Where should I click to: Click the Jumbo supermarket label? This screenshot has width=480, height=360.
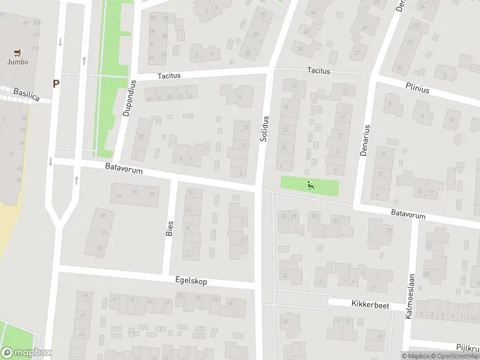pyautogui.click(x=18, y=61)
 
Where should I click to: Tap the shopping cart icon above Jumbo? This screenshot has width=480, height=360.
pyautogui.click(x=18, y=52)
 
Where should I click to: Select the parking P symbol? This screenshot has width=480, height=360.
pyautogui.click(x=56, y=84)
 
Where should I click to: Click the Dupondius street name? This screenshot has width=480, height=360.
pyautogui.click(x=128, y=99)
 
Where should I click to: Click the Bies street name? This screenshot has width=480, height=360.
pyautogui.click(x=169, y=227)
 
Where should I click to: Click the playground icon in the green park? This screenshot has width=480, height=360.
pyautogui.click(x=310, y=185)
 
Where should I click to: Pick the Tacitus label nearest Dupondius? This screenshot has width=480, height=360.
pyautogui.click(x=169, y=76)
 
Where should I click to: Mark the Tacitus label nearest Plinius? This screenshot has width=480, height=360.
pyautogui.click(x=319, y=71)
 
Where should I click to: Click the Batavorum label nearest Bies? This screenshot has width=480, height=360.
pyautogui.click(x=124, y=172)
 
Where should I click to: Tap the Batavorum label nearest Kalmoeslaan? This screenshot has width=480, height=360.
pyautogui.click(x=408, y=214)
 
